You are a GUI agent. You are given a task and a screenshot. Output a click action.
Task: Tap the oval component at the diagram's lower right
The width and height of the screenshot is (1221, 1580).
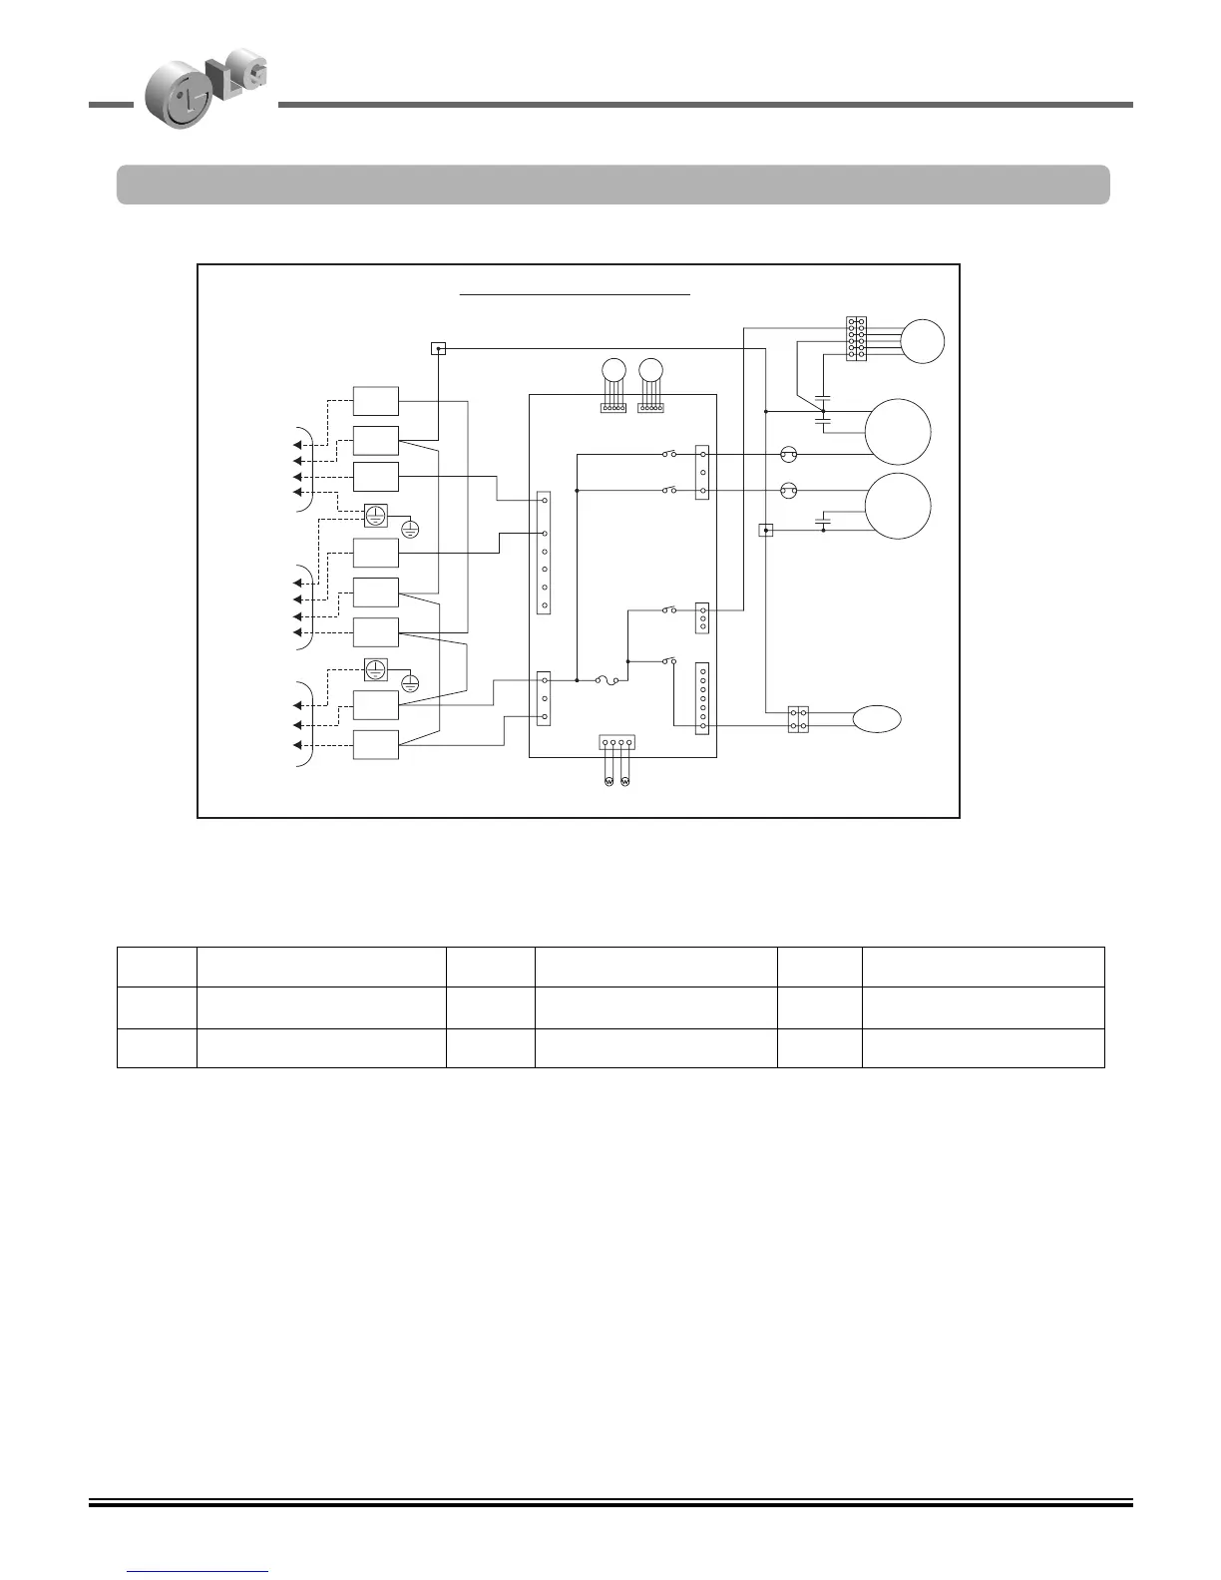coord(877,719)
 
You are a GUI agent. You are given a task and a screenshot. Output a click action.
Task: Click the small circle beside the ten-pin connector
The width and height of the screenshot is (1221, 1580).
coord(922,341)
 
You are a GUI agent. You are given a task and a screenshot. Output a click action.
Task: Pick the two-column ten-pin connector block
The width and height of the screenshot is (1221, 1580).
coord(856,338)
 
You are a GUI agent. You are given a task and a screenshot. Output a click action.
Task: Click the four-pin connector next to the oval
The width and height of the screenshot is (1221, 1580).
coord(798,719)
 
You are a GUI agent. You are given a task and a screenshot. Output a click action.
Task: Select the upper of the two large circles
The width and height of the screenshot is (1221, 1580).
coord(898,431)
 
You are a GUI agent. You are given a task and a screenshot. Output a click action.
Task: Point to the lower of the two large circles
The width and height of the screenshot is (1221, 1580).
coord(898,507)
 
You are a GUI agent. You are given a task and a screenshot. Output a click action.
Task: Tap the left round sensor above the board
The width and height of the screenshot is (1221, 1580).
coord(613,369)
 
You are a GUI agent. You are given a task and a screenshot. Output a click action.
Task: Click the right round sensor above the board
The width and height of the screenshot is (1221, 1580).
coord(651,369)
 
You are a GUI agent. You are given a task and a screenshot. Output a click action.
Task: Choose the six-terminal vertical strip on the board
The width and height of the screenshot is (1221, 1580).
coord(544,553)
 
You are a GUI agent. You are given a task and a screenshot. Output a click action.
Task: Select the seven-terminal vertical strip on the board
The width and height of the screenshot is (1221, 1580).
coord(702,698)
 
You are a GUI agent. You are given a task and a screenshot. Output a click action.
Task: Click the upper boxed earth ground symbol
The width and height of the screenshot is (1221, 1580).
coord(375,516)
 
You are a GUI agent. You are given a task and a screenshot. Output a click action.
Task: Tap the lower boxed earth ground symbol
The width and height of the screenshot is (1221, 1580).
coord(375,669)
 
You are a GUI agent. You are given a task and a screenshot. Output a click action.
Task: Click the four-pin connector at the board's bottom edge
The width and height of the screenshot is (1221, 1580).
coord(616,743)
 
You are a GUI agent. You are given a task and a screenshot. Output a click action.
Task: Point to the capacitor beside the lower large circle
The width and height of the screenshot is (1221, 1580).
coord(823,520)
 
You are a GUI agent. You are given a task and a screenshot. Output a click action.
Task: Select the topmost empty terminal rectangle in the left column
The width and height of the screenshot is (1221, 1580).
coord(376,401)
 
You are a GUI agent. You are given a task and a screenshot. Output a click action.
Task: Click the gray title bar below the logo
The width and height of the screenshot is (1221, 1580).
coord(612,185)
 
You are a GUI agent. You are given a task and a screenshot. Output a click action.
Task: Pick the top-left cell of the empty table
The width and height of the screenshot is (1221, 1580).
coord(157,967)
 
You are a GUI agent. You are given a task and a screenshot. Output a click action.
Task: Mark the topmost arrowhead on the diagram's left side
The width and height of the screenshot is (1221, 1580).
coord(297,444)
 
